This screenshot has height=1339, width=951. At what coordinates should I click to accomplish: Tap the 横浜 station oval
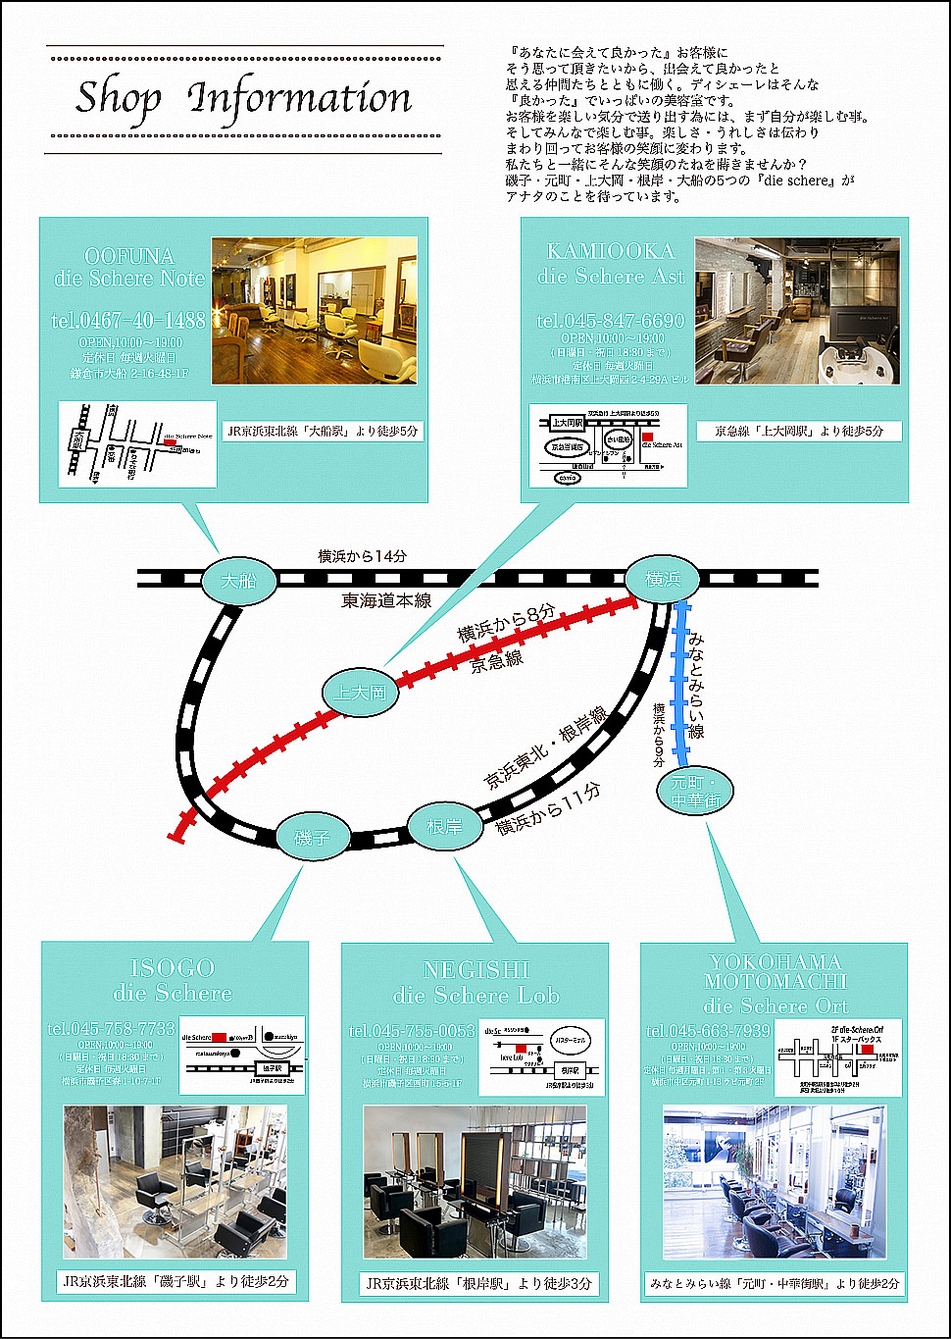click(x=663, y=579)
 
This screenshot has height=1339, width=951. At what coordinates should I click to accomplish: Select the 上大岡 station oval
click(x=360, y=693)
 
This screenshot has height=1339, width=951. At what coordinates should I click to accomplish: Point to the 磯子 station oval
click(x=312, y=838)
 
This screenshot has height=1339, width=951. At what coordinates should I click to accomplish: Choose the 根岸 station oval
click(x=444, y=827)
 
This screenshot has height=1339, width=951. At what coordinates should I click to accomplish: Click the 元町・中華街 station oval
click(x=695, y=792)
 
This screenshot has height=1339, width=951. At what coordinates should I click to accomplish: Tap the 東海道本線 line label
click(x=386, y=600)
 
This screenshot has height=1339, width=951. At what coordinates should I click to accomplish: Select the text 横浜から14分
click(x=363, y=556)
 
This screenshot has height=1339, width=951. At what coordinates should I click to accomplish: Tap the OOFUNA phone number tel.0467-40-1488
click(x=128, y=321)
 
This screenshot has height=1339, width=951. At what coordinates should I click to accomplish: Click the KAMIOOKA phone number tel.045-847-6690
click(x=611, y=321)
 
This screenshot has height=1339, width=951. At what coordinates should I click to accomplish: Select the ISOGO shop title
click(x=173, y=980)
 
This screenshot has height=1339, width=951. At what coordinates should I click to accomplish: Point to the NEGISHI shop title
click(x=476, y=982)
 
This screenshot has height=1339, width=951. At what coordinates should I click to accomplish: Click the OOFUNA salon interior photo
click(x=314, y=310)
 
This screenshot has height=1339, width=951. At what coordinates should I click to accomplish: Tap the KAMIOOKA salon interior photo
click(x=797, y=311)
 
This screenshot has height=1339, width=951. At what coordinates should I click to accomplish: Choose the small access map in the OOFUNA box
click(x=137, y=443)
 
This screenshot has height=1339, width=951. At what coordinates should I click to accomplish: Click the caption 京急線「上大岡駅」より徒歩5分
click(x=798, y=431)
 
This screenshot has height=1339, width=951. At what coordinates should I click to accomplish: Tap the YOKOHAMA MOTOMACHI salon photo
click(x=775, y=1182)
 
